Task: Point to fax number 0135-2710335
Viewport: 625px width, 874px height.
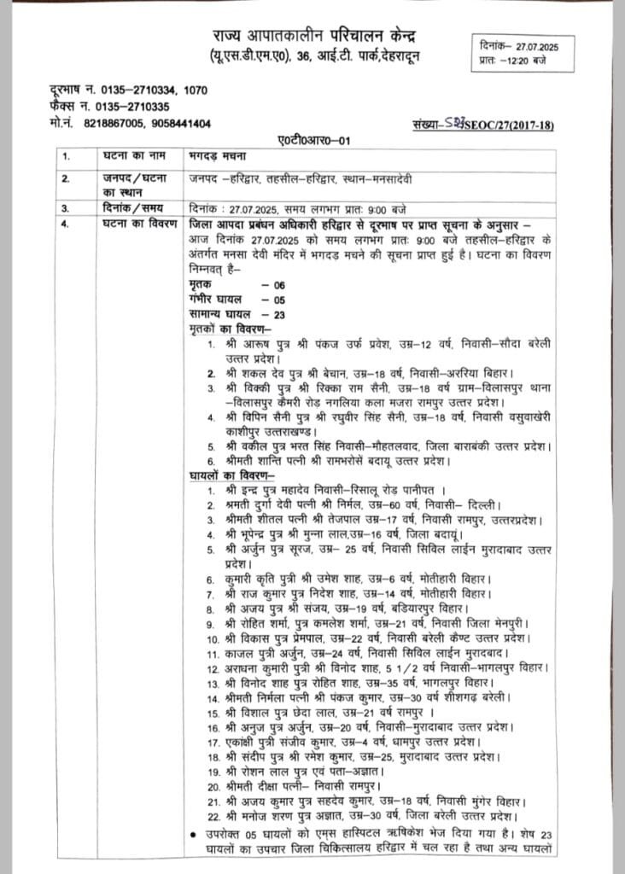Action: coord(126,107)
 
